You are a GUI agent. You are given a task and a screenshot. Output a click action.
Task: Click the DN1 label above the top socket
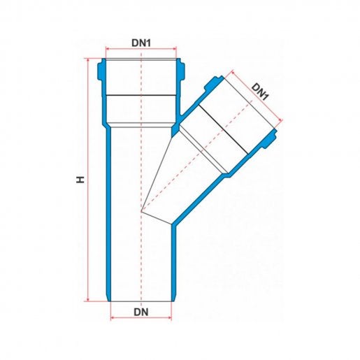pos(141,43)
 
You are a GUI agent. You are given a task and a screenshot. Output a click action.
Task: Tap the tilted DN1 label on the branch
pos(260,92)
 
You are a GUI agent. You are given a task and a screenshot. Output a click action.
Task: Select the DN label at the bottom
pos(141,312)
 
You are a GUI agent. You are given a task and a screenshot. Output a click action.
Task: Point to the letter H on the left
pos(80,180)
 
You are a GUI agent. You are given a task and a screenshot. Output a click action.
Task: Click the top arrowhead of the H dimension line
pos(88,60)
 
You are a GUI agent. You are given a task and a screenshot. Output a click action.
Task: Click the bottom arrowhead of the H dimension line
pos(88,299)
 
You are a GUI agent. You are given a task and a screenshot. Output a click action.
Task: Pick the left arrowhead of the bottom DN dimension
pos(113,318)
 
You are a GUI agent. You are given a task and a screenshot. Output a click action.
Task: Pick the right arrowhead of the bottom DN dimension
pos(169,318)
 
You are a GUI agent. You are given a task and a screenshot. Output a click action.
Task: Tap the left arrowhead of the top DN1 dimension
pos(108,49)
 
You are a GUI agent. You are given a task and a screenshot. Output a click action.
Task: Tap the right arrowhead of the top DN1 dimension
pos(174,49)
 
